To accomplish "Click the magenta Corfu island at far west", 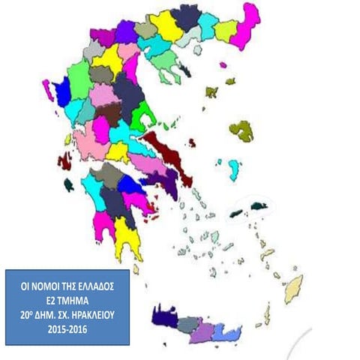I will click(46, 91).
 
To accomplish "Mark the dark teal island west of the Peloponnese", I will click(68, 182).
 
